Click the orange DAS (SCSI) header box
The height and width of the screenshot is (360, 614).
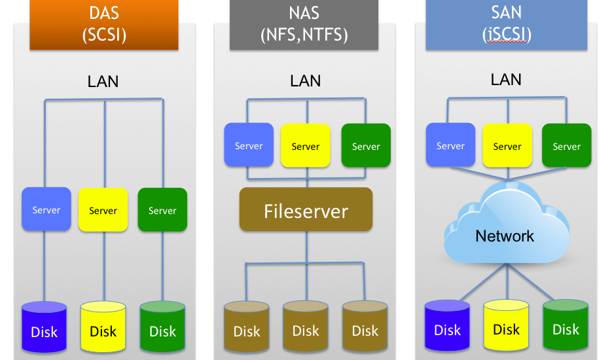103,25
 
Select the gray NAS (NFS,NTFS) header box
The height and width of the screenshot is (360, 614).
304,25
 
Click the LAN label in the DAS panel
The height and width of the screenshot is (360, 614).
103,82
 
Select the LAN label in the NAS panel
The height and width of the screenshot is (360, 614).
306,81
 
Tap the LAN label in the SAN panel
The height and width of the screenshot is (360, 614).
506,80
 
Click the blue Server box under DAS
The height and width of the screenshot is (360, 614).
46,209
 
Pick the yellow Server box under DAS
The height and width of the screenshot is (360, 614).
103,209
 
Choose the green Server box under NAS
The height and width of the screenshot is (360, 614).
366,145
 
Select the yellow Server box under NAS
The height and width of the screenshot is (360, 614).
305,145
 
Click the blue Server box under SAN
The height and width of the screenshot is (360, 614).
450,145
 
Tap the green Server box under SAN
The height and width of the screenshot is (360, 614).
566,145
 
